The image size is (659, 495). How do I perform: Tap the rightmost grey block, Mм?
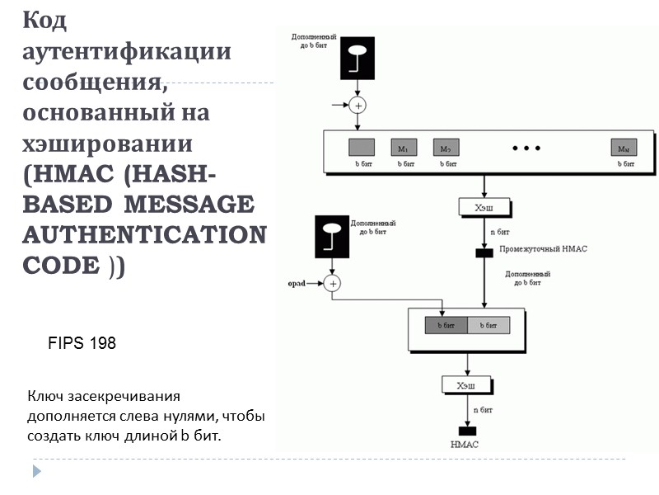click(x=624, y=148)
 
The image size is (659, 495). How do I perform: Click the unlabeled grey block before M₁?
click(x=361, y=148)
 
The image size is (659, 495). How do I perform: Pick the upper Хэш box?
click(x=484, y=207)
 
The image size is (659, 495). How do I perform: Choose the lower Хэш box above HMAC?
click(x=467, y=384)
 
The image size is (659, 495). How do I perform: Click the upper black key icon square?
click(x=358, y=59)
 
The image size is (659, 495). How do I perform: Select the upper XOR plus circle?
click(x=358, y=105)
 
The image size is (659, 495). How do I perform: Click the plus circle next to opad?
click(x=332, y=283)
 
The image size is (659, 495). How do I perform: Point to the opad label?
click(x=297, y=283)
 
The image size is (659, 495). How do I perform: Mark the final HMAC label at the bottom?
click(x=465, y=445)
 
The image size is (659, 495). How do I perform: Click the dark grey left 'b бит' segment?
click(x=446, y=325)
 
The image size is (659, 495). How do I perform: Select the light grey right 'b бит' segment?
click(x=488, y=325)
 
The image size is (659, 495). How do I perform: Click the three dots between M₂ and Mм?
click(x=526, y=148)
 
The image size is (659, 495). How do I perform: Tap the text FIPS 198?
click(x=83, y=343)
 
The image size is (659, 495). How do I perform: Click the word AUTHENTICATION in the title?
click(x=145, y=234)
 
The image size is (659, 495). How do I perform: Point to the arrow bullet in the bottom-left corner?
click(x=35, y=471)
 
